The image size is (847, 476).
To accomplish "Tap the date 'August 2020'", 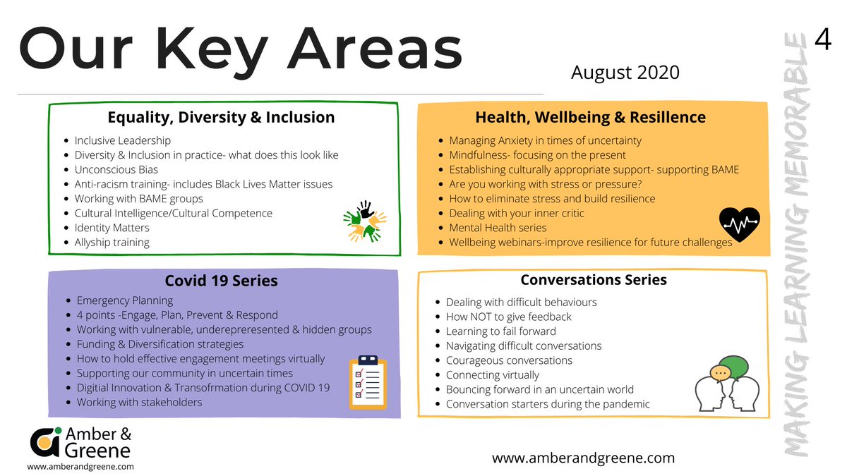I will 625,72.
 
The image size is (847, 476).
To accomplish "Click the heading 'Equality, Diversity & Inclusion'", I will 221,117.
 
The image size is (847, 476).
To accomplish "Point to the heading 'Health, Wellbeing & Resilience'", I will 590,117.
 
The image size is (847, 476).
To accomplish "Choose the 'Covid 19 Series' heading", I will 221,281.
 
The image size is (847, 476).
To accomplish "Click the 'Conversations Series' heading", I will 593,280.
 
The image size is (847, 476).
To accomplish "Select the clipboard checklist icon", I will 368,382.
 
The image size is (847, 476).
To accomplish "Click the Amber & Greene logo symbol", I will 46,441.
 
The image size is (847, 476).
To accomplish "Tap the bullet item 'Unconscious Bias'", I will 116,169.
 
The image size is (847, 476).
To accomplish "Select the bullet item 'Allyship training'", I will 112,242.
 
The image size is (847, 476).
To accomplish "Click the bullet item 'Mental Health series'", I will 498,228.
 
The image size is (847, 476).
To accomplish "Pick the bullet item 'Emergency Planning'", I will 124,300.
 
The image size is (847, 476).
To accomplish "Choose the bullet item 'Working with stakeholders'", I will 139,402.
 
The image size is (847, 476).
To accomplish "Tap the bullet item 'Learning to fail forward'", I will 500,331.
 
